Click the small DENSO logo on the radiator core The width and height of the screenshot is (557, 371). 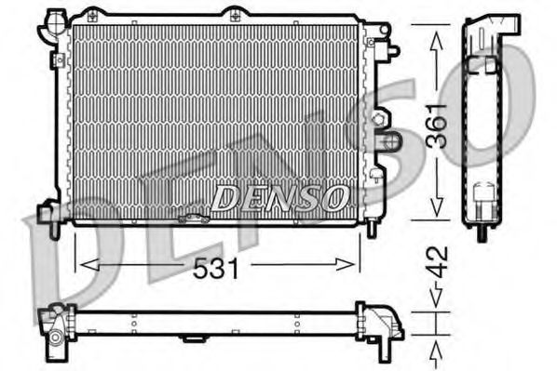(280, 196)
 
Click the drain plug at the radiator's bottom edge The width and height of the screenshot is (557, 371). (195, 219)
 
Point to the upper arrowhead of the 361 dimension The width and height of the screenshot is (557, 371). (434, 32)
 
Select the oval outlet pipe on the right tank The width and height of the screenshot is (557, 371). (391, 141)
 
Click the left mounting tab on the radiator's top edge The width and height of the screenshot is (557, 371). (91, 15)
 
